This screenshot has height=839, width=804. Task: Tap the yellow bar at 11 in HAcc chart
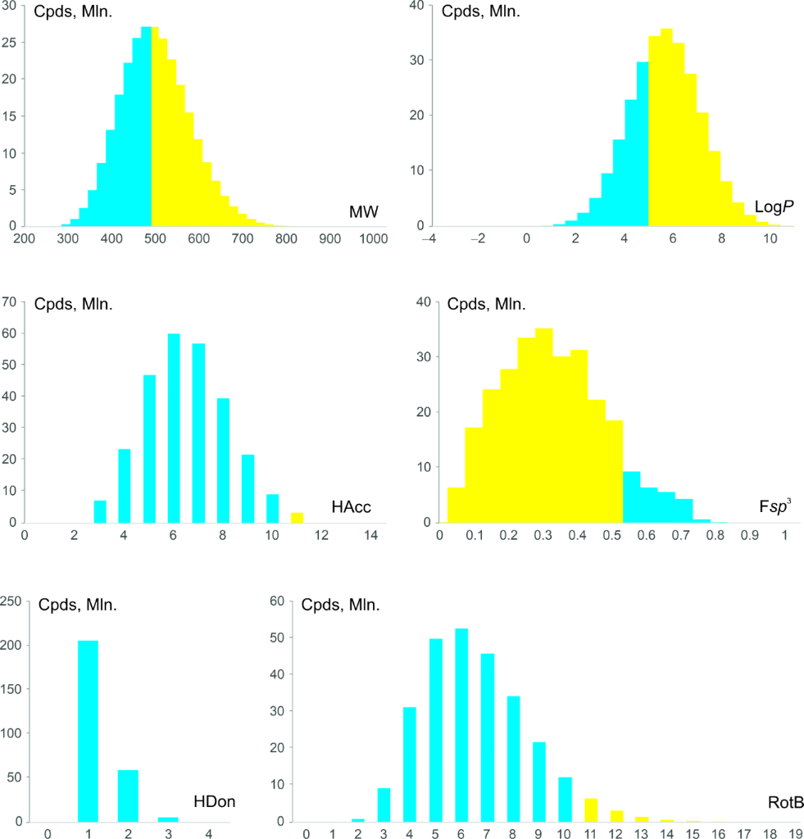point(298,518)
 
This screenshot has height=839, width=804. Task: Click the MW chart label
point(363,214)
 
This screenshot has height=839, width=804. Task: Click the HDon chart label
point(215,802)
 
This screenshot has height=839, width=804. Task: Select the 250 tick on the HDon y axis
point(13,601)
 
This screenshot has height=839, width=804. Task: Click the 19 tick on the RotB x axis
point(794,831)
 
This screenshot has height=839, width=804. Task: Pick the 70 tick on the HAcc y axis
point(11,302)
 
